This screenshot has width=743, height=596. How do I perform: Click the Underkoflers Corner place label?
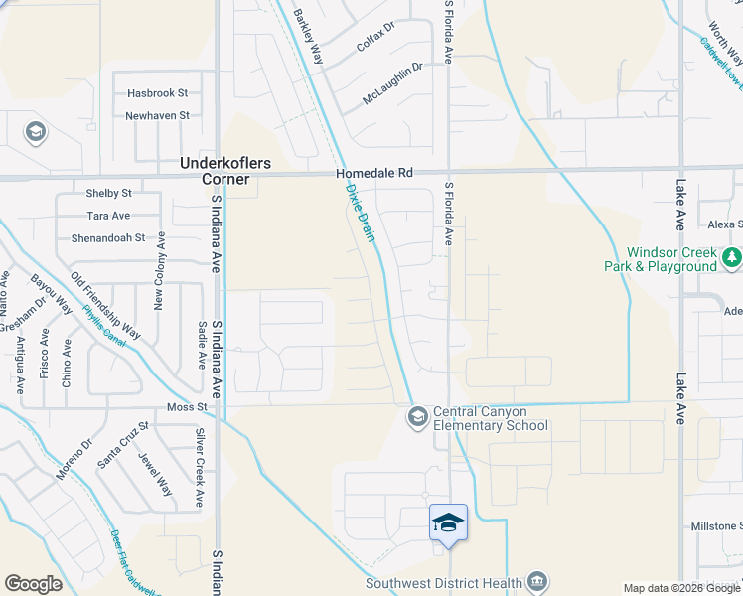[x=224, y=170]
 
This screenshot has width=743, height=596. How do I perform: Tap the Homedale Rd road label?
[x=373, y=172]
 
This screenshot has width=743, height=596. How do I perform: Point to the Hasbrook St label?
[x=157, y=93]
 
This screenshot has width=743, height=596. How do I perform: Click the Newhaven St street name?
[x=157, y=116]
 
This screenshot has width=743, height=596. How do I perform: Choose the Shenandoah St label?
[x=107, y=238]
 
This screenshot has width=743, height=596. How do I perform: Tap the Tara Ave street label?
[x=108, y=216]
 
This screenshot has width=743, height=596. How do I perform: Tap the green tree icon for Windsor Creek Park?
[x=732, y=258]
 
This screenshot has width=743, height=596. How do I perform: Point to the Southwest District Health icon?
[x=537, y=580]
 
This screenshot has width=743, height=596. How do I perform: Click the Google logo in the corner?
[x=33, y=584]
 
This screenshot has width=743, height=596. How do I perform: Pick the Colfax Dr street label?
[x=376, y=47]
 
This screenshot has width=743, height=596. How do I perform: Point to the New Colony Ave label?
[x=158, y=286]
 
